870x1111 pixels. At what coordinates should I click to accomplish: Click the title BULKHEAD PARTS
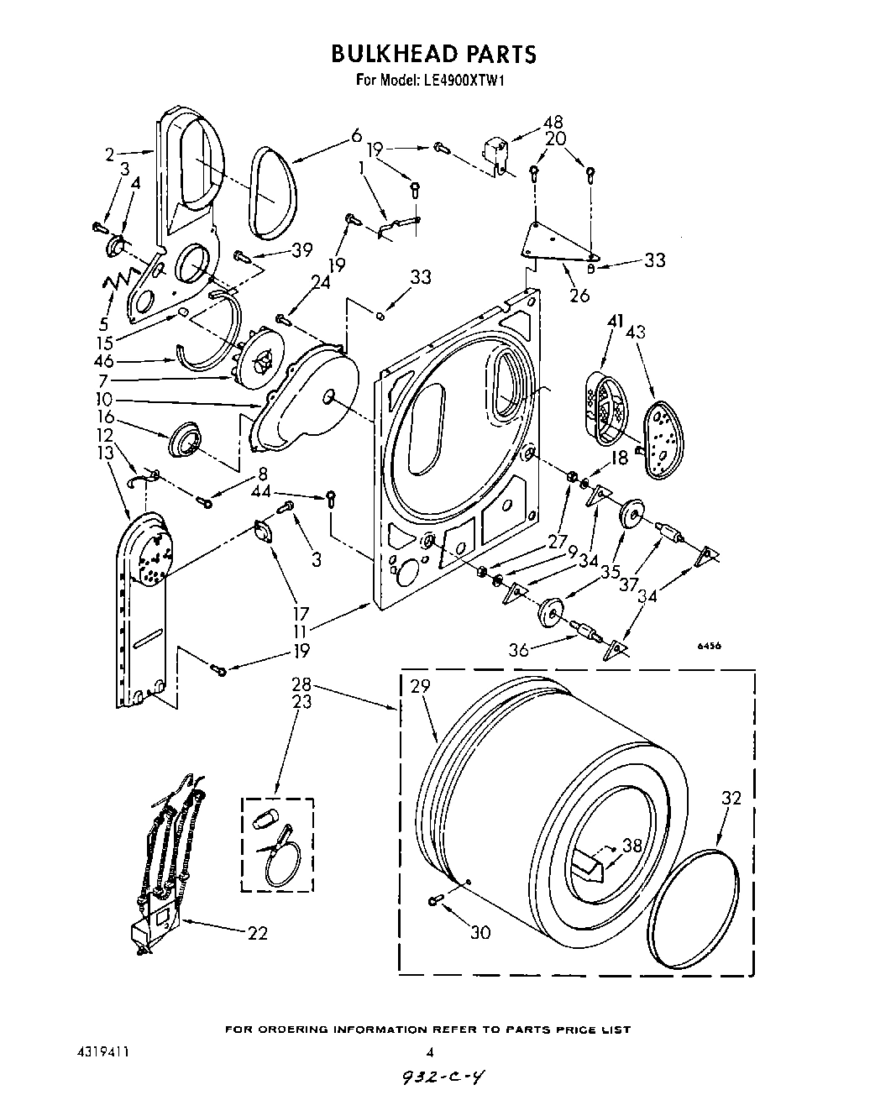[433, 54]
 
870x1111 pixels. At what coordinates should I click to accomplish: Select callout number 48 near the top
[553, 123]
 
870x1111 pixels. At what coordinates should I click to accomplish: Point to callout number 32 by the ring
[731, 798]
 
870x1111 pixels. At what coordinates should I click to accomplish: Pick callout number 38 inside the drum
[631, 846]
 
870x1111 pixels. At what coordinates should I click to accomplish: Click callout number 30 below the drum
[480, 932]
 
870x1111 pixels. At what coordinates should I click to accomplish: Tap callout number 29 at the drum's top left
[420, 686]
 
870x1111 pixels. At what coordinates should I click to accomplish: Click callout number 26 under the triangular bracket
[579, 295]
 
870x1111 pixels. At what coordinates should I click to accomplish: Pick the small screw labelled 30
[435, 900]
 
